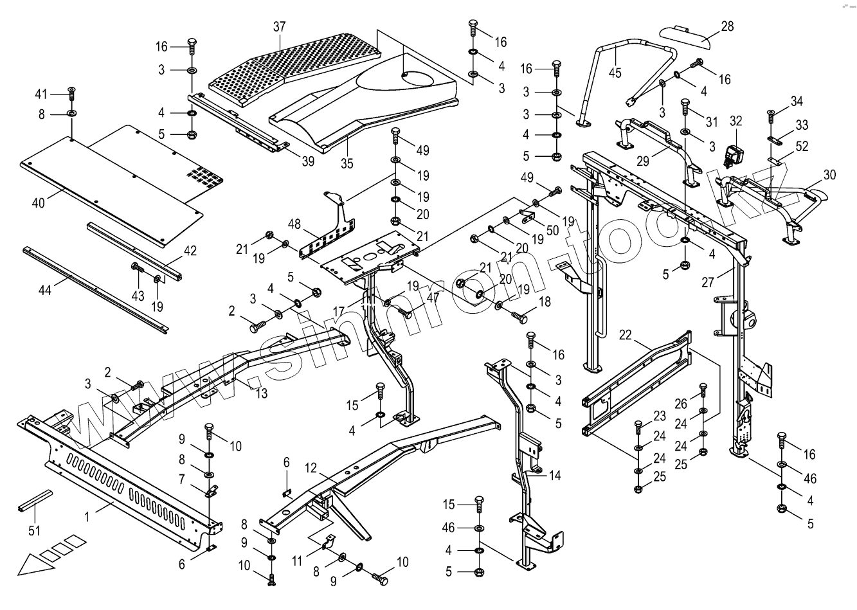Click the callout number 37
click(x=280, y=27)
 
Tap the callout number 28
click(x=727, y=26)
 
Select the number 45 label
click(x=615, y=73)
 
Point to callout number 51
click(x=34, y=530)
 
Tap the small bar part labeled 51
click(x=35, y=499)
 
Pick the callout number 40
click(x=39, y=203)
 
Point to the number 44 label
click(x=45, y=291)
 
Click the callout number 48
click(x=294, y=224)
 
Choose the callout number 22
click(x=625, y=335)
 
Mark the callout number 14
click(x=555, y=476)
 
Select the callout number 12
click(x=311, y=468)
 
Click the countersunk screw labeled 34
click(x=771, y=116)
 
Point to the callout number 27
click(x=708, y=282)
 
